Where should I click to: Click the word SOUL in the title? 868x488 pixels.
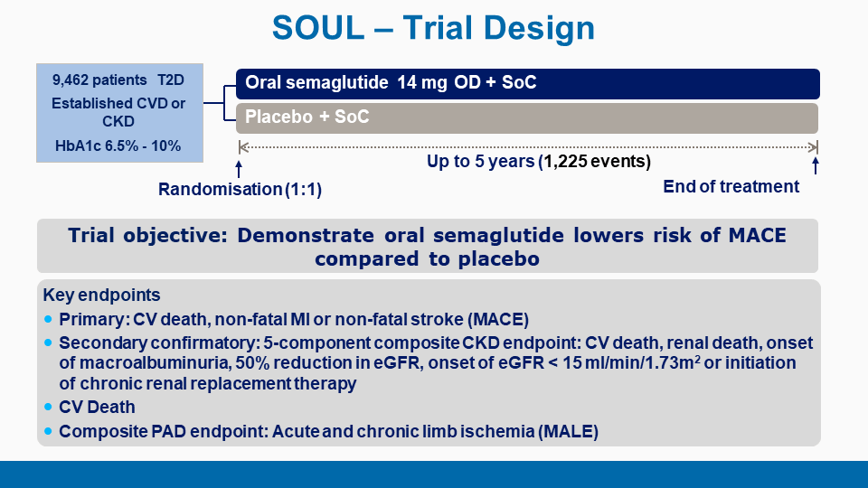pos(318,28)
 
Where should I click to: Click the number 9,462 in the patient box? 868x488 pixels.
pos(71,80)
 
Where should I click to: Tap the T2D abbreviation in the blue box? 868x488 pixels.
pos(171,80)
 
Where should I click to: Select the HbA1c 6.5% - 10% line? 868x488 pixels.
pos(118,146)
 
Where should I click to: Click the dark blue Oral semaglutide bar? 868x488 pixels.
pos(527,84)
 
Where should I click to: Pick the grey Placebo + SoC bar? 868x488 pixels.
pos(527,118)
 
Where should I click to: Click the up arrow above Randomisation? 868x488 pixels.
pos(239,169)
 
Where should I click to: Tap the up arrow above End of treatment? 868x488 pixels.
pos(815,165)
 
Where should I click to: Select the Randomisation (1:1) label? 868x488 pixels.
pos(240,189)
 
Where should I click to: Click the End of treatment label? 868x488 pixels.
pos(731,186)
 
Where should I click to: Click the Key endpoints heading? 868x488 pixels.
pos(101,295)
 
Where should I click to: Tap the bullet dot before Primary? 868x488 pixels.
pos(48,319)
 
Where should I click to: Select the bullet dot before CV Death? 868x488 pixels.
pos(48,407)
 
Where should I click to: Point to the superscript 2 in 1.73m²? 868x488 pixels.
pos(697,359)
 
